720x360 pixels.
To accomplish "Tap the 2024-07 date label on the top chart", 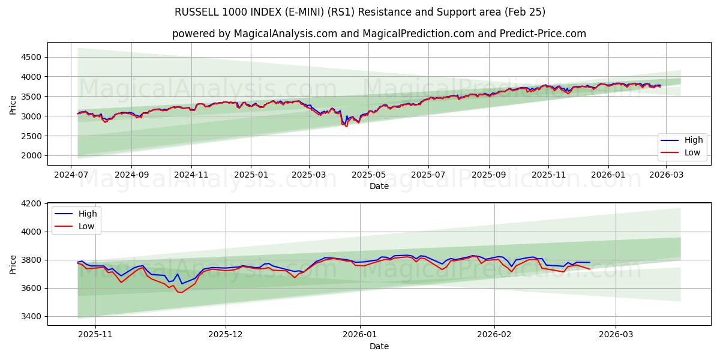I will coord(72,174).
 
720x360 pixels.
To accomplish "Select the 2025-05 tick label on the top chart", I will coord(368,174).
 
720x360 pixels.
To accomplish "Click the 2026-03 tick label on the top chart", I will coord(665,174).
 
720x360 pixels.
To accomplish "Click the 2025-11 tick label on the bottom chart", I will coord(96,334).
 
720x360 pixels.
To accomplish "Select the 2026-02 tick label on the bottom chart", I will coord(494,334).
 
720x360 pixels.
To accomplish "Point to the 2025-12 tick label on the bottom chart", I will coord(226,334).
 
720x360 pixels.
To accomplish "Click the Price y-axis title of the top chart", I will coord(13,106).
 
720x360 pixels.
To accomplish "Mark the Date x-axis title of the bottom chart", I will coord(379,346).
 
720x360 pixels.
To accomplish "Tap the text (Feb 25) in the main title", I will coord(523,12).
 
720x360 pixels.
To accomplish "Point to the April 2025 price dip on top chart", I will coord(346,126).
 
